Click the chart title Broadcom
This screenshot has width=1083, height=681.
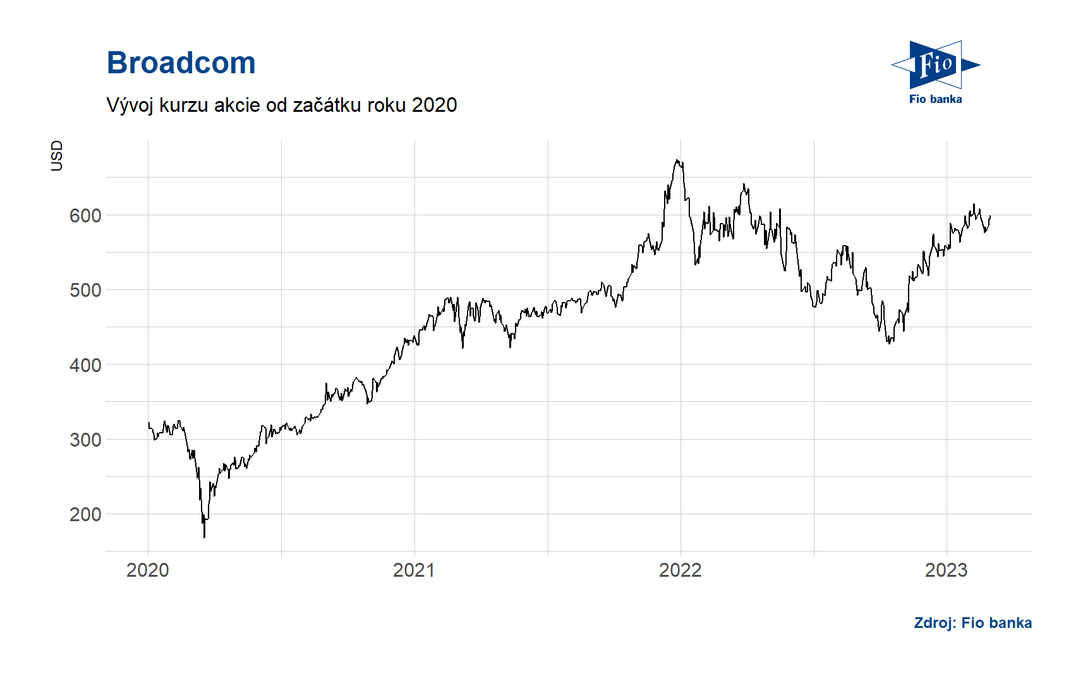[181, 63]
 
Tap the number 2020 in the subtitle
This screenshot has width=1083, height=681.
[434, 105]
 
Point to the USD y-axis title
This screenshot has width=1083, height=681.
[57, 155]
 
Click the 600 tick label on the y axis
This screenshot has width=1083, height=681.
[85, 215]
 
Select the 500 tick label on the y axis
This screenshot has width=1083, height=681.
[85, 290]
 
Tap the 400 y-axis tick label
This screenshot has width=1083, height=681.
[85, 365]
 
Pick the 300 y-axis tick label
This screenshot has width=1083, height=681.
[85, 440]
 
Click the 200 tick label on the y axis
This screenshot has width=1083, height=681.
[85, 514]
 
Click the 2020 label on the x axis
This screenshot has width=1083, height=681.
[148, 570]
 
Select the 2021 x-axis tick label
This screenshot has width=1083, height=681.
[414, 570]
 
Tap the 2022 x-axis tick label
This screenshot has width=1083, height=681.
[681, 570]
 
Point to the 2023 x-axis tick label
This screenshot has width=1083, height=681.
[947, 570]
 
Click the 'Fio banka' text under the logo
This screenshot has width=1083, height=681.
[936, 99]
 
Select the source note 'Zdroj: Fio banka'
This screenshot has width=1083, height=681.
[972, 623]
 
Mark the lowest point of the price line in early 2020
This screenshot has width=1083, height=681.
[204, 537]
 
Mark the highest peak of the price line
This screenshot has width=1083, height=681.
[677, 160]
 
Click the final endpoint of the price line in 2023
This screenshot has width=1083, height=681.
[990, 216]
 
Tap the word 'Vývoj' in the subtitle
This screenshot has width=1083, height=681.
[130, 105]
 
